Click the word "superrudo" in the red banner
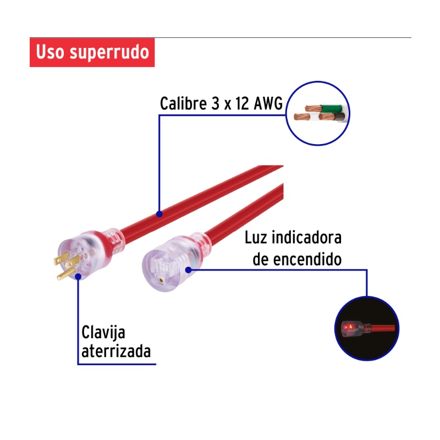pos(109,53)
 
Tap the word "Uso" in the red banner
pos(50,52)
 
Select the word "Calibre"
pos(183,103)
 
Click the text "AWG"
pos(268,103)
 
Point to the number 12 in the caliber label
pos(242,103)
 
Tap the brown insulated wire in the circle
pos(339,116)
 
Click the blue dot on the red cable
pos(159,214)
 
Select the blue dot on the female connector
pos(189,270)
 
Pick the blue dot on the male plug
pos(78,277)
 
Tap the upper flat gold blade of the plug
pos(61,258)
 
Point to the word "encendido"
pos(307,259)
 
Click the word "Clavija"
pos(103,333)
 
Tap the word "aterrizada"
pos(116,351)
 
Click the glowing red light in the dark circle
pos(348,327)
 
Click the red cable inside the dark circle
pos(383,328)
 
